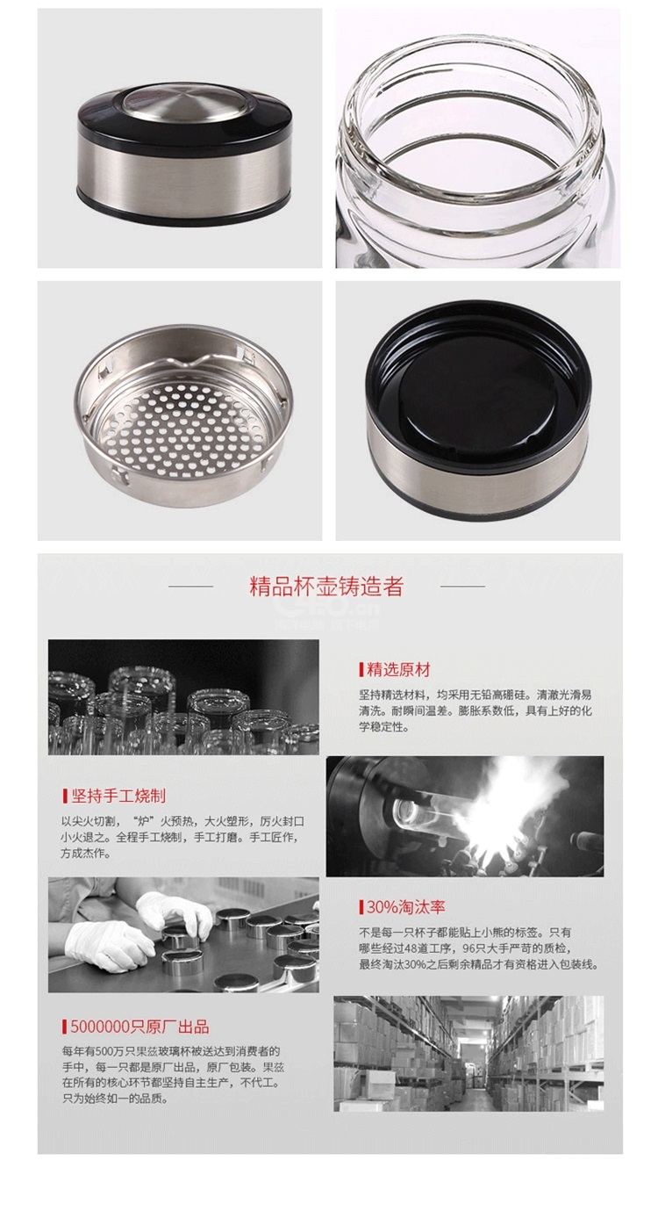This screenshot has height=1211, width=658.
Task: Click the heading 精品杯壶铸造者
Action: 326,587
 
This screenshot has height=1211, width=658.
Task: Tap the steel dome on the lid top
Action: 185,104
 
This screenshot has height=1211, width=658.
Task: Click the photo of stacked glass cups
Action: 183,697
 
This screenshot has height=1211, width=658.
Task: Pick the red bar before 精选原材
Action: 361,670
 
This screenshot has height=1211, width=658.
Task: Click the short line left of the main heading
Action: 190,586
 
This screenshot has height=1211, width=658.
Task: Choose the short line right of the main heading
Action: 462,586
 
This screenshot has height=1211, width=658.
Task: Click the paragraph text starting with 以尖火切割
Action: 182,838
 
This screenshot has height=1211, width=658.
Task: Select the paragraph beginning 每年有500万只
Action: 173,1075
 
